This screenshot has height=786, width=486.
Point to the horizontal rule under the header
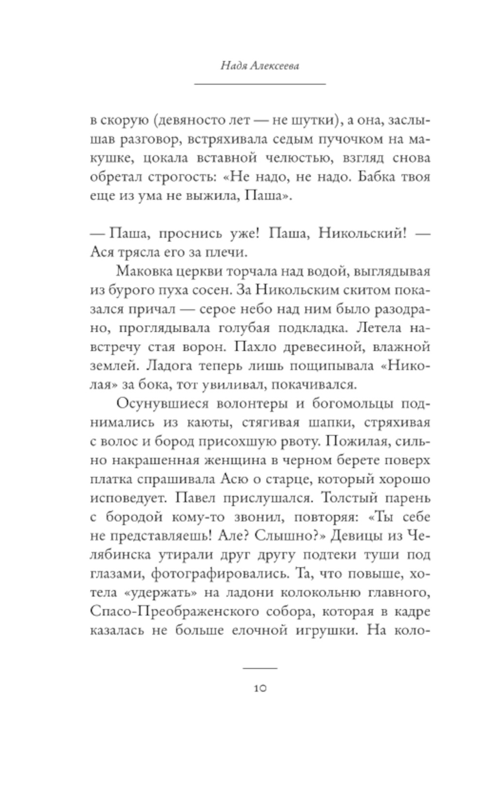(260, 84)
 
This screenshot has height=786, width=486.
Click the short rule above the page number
(260, 668)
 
